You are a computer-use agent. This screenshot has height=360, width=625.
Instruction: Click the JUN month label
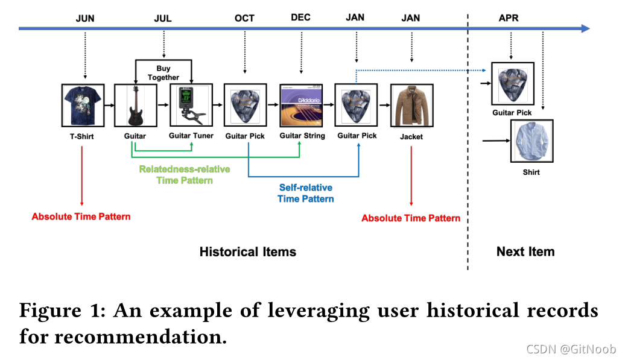85,18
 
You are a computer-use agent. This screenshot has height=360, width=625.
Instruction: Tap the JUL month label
163,18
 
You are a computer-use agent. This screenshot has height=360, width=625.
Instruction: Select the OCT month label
244,18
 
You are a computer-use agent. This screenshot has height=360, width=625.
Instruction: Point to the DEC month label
300,17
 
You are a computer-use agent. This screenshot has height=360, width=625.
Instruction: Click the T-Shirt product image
83,106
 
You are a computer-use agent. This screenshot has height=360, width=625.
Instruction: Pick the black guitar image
136,106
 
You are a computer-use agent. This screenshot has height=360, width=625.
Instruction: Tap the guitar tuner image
191,106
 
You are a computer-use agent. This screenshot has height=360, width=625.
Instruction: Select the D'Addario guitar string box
302,106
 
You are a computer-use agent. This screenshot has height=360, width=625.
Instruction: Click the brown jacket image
411,106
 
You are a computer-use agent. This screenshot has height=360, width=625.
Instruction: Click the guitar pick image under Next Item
512,83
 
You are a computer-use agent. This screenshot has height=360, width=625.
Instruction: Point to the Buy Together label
163,73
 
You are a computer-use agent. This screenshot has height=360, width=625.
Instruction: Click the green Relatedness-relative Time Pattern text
184,174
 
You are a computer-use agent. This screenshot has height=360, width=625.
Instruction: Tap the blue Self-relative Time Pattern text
305,193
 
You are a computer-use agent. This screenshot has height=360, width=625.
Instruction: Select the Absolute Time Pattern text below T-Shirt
81,216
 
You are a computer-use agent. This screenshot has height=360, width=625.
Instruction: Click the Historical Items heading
248,251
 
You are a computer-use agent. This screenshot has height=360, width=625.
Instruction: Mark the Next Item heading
525,251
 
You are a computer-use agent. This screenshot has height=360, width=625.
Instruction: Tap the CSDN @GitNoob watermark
571,349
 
